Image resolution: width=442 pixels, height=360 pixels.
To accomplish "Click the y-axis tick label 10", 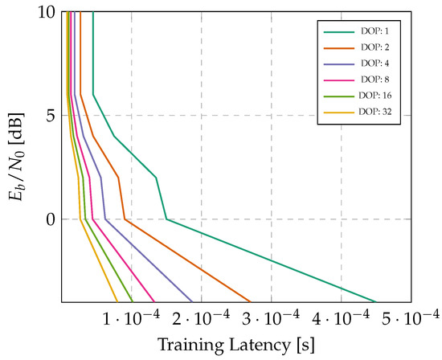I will click(x=46, y=13).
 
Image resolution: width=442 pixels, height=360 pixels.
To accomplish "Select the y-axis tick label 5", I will click(x=50, y=116).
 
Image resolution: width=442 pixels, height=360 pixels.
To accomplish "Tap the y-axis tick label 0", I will click(x=50, y=219).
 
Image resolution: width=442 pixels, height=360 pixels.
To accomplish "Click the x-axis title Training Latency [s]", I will click(x=236, y=346).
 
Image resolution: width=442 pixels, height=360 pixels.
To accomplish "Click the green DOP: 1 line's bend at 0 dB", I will click(x=166, y=219).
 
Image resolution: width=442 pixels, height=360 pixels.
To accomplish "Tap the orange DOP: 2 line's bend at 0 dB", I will click(x=125, y=219).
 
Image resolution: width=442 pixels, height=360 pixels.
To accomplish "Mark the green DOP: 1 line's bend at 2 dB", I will click(x=156, y=177).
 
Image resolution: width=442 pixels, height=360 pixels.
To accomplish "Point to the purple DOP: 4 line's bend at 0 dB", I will click(x=104, y=219).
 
